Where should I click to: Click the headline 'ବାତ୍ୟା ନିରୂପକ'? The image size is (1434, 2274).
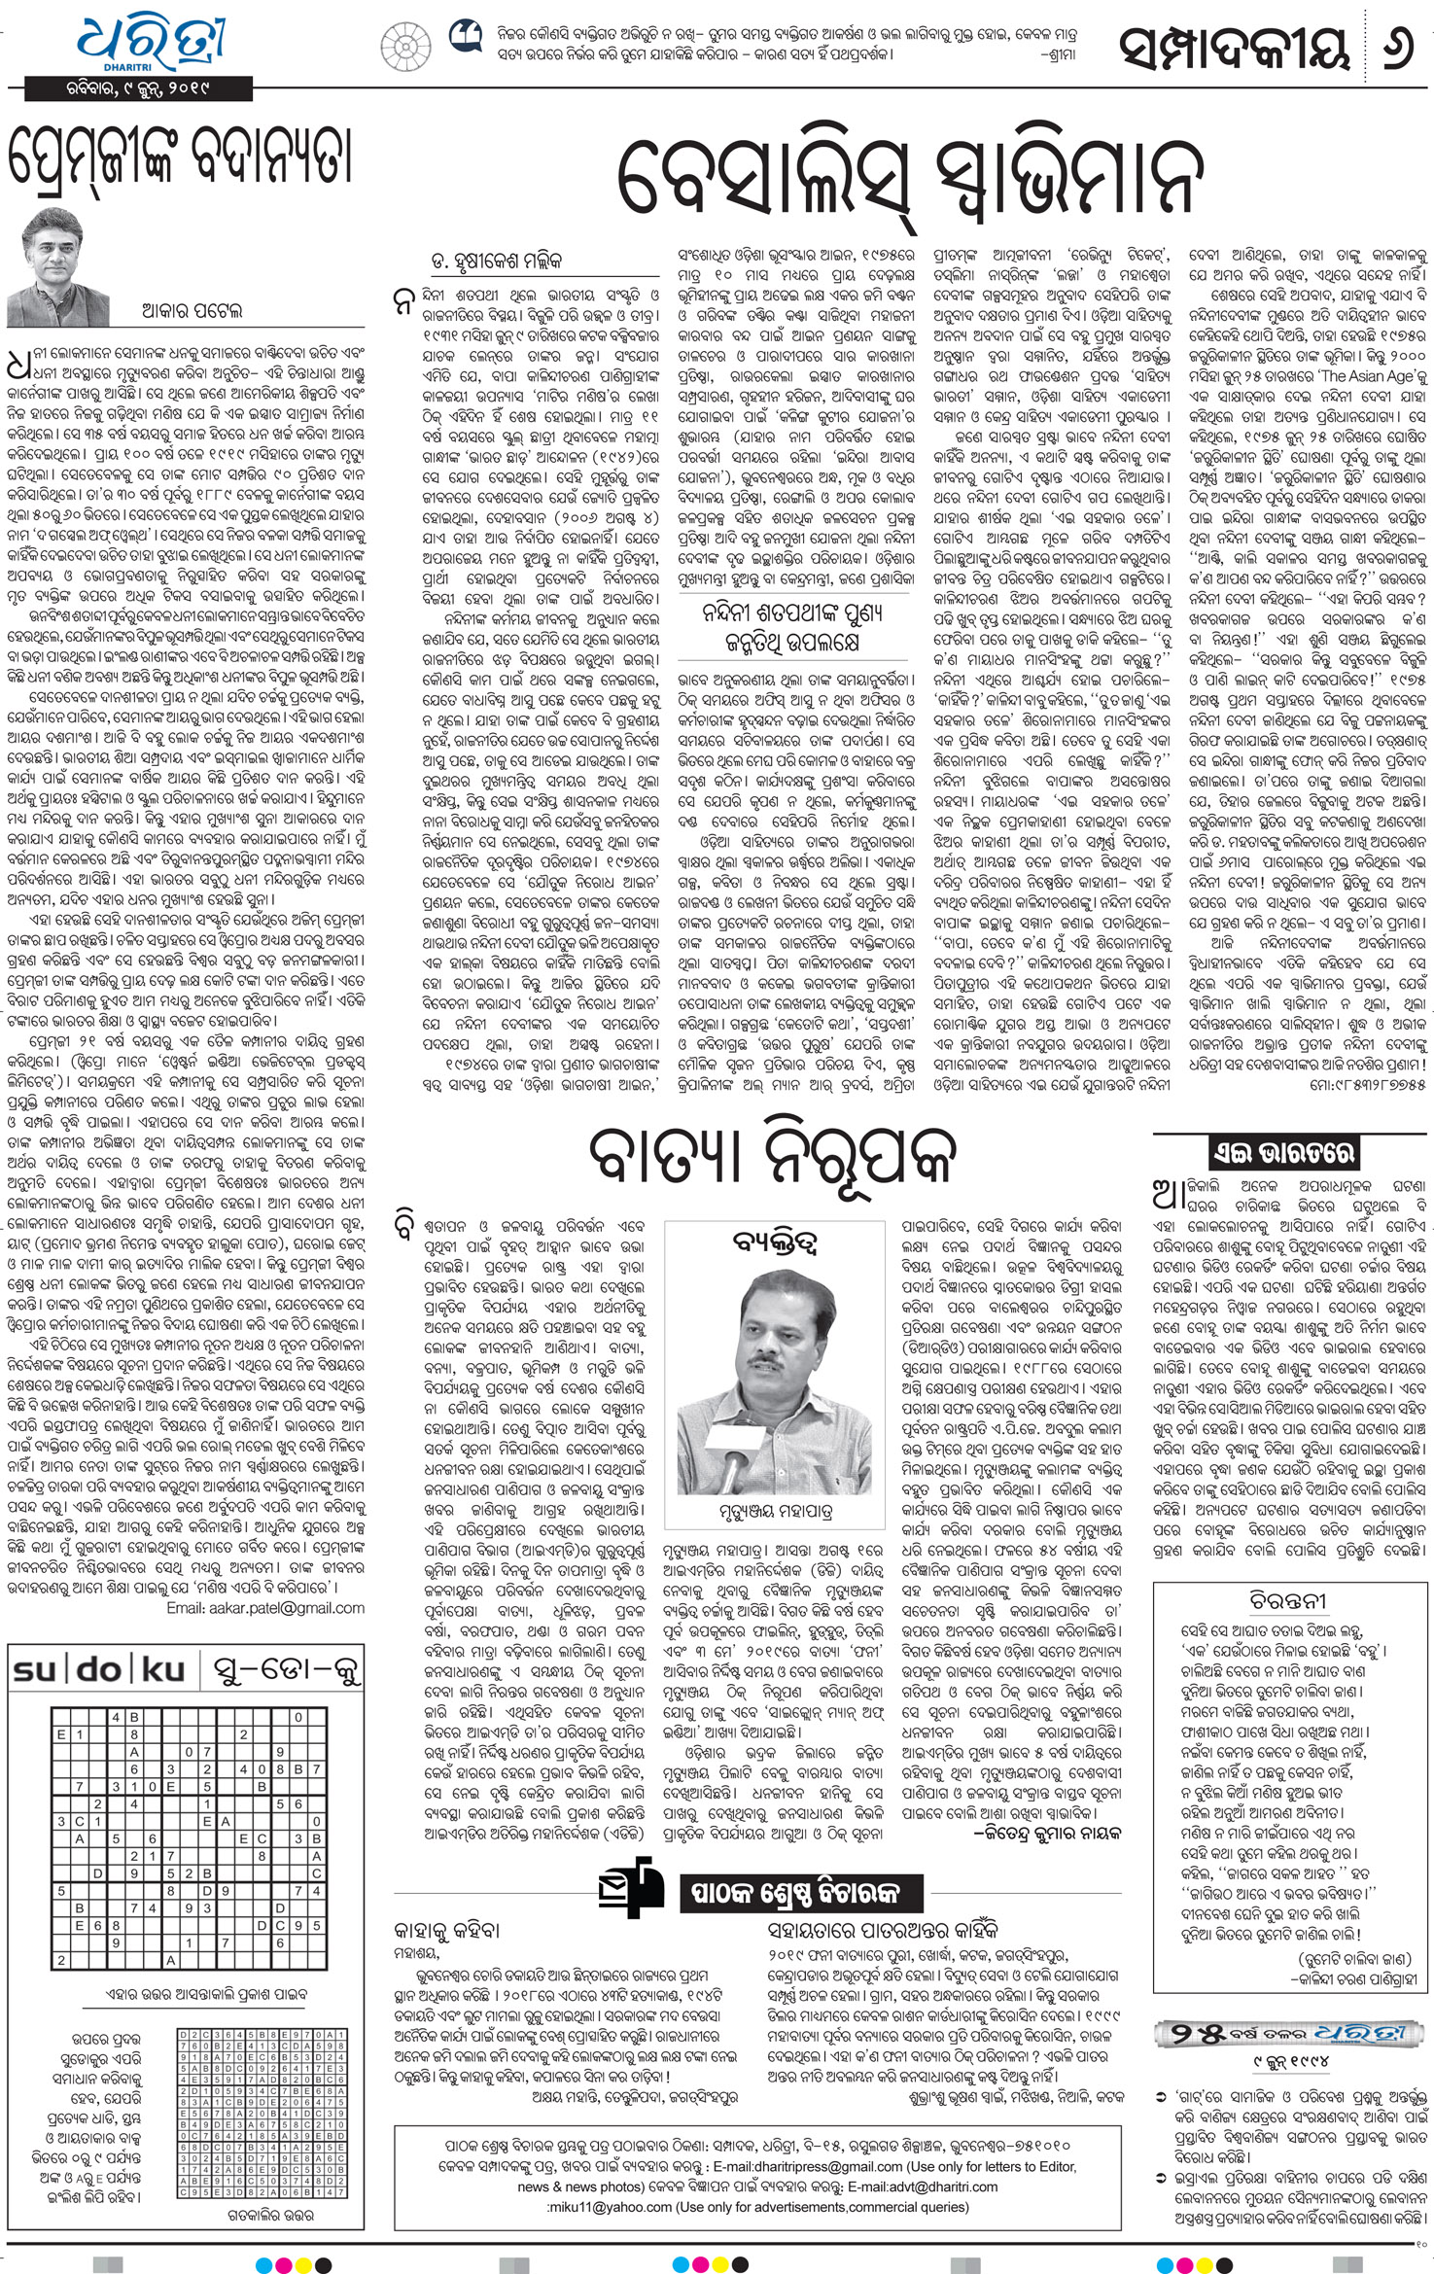(x=773, y=1156)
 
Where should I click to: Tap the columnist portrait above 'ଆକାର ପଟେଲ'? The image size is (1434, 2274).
(x=68, y=263)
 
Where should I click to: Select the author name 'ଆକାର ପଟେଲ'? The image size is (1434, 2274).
(x=191, y=311)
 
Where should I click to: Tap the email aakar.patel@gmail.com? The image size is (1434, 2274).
(x=265, y=1608)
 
